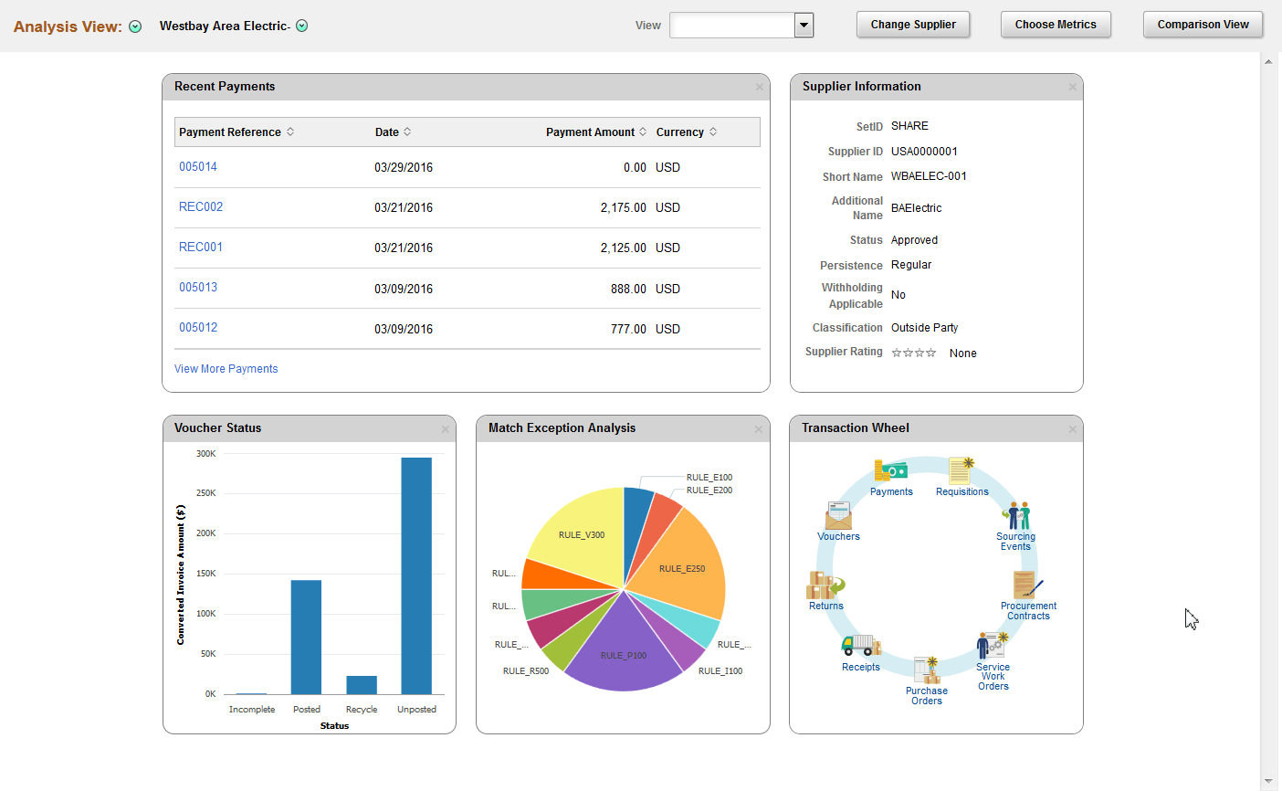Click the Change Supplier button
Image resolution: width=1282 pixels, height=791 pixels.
[x=912, y=25]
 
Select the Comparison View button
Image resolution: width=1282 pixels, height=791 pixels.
[x=1203, y=25]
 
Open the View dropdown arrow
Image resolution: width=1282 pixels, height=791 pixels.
[x=804, y=26]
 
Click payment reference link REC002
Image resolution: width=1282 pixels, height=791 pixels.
[x=201, y=207]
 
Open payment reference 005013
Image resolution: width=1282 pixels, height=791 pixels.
[x=198, y=288]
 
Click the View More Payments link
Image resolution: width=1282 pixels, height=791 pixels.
[x=226, y=369]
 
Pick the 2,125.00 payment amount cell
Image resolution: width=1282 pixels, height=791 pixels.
[x=623, y=248]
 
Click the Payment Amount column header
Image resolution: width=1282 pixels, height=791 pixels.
[x=590, y=132]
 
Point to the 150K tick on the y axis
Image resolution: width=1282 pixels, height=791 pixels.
[x=206, y=574]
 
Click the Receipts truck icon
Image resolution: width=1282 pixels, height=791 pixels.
[x=860, y=645]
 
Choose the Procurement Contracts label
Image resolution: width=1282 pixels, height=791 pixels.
[x=1028, y=611]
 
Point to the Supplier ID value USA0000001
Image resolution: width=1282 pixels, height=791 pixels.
[x=924, y=152]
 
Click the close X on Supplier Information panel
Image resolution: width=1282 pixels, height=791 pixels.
[x=1072, y=87]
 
